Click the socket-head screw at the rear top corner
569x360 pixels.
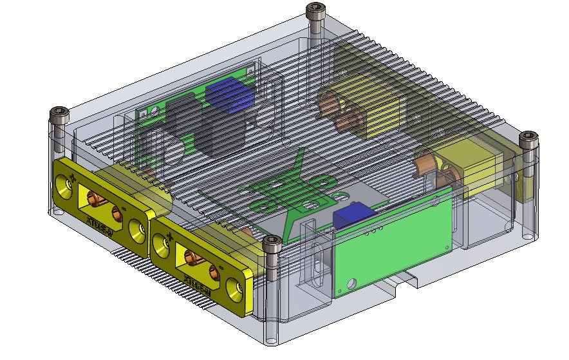[x=315, y=10]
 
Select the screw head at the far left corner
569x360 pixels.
[x=58, y=117]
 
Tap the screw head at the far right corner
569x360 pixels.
[x=528, y=138]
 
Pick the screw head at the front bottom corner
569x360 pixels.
[x=272, y=244]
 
